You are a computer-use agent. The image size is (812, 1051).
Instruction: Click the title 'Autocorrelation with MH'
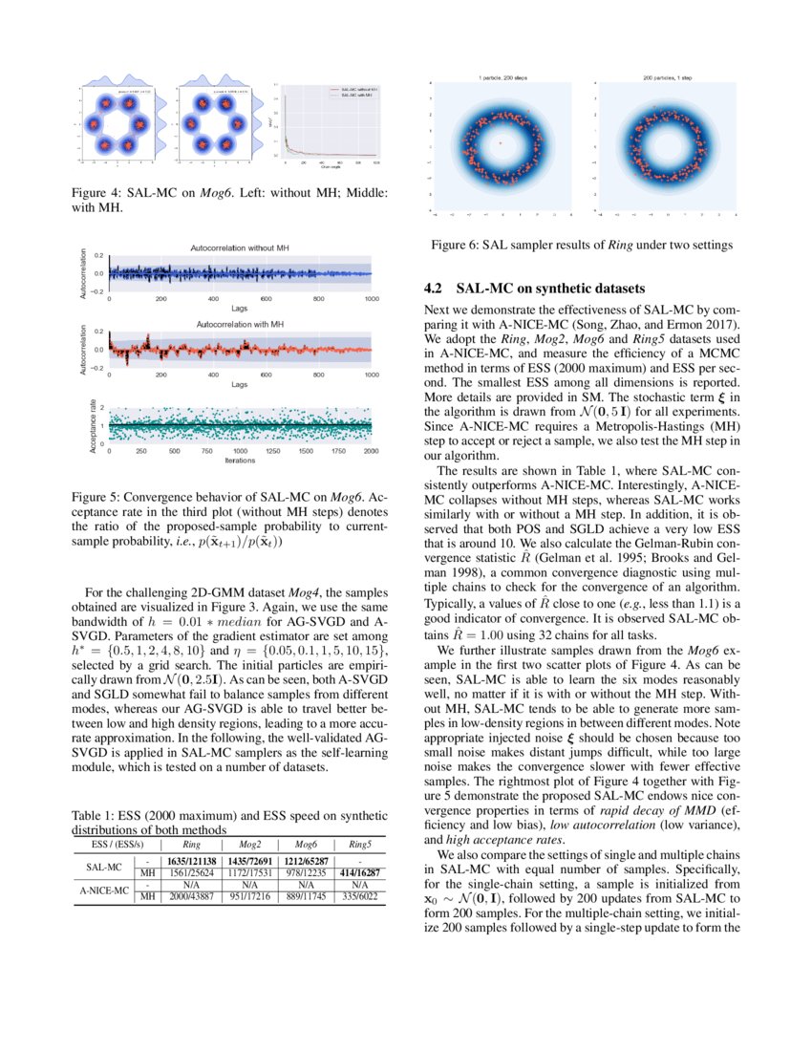(x=241, y=325)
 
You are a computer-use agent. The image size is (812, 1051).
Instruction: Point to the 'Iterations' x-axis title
(x=240, y=460)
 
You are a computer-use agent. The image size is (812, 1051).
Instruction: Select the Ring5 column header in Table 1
(x=360, y=845)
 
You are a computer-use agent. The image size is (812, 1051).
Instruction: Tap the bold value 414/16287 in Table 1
(x=360, y=872)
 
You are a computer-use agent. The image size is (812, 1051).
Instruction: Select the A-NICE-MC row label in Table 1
(x=102, y=890)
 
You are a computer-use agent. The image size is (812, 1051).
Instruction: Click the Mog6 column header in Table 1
(x=306, y=845)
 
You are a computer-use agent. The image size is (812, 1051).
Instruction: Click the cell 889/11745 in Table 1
(x=306, y=896)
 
